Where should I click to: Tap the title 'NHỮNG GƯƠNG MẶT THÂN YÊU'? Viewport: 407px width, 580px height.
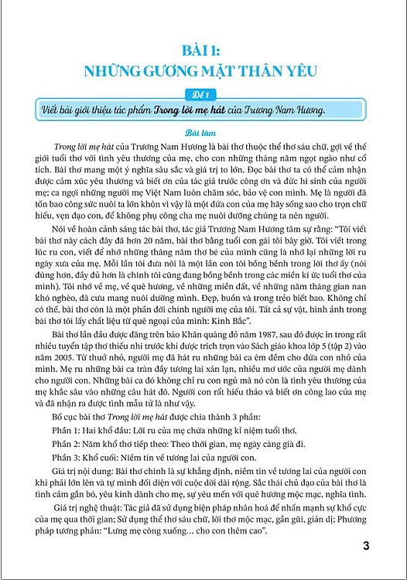[x=203, y=75]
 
